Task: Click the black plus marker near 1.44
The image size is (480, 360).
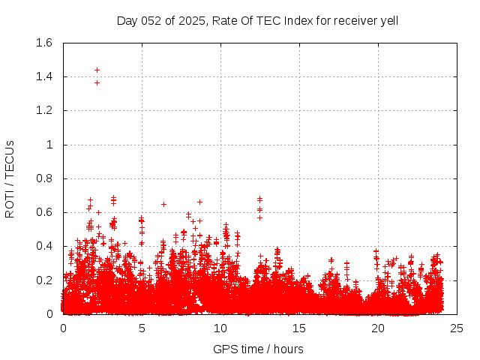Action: pos(97,70)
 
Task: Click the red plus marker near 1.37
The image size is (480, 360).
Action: pos(97,82)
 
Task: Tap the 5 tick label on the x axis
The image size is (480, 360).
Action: pos(142,328)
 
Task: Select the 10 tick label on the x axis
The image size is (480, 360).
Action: pos(220,328)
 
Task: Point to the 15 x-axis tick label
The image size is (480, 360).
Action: pos(299,328)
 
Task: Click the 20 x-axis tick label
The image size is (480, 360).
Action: pos(378,328)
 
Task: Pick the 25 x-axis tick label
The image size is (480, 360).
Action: pos(457,328)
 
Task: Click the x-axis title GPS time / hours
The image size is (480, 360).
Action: pos(258,349)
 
